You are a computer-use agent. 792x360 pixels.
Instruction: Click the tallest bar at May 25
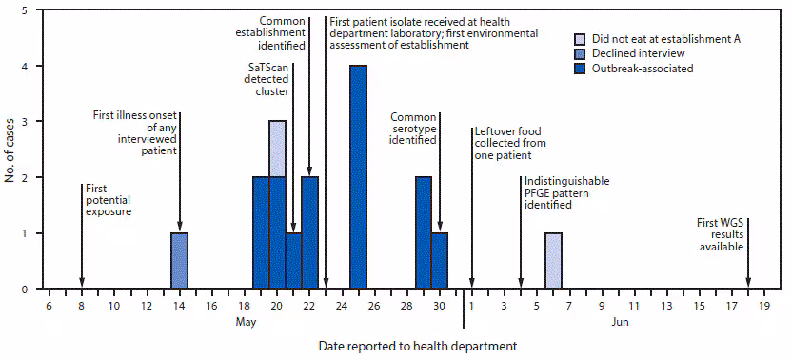358,176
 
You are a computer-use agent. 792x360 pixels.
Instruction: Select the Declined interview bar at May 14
179,260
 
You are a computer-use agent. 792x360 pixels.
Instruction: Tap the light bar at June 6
553,260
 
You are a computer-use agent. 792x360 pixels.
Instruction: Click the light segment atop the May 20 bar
277,149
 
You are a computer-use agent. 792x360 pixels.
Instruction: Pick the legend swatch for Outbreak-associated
578,69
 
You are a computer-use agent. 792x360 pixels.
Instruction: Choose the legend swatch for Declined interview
578,53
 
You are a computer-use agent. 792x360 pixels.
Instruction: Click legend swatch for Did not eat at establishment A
578,38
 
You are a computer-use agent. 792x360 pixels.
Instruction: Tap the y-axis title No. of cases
11,150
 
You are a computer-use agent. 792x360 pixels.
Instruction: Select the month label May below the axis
246,323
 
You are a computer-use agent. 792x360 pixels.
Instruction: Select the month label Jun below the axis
619,323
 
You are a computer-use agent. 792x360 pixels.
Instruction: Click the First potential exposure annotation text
108,200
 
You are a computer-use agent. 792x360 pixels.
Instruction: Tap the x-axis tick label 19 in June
764,306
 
